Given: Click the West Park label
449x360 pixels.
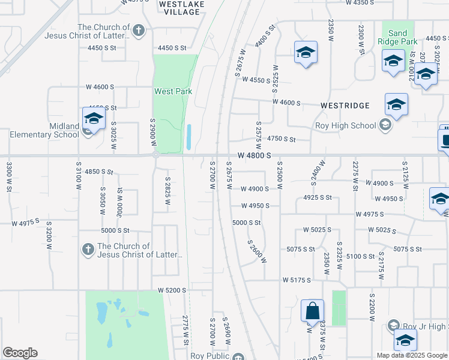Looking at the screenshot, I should click(x=173, y=91).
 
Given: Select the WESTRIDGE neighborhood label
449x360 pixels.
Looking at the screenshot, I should click(x=345, y=105).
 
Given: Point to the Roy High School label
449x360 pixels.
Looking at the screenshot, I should click(x=346, y=126).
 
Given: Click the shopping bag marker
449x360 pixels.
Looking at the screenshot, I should click(x=312, y=311).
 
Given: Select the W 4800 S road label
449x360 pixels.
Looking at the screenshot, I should click(x=255, y=155).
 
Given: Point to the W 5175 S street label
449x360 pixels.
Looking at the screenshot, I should click(x=297, y=280).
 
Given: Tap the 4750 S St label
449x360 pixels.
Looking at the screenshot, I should click(x=282, y=139).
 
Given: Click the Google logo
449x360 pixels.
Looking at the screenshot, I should click(x=20, y=353).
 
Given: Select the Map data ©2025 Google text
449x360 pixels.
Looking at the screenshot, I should click(x=412, y=355).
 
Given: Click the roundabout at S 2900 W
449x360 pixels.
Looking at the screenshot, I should click(x=155, y=155).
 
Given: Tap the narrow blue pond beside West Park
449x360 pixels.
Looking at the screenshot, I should click(x=189, y=137).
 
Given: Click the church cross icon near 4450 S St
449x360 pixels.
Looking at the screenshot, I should click(x=139, y=30).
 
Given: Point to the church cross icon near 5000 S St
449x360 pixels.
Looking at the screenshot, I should click(x=88, y=250).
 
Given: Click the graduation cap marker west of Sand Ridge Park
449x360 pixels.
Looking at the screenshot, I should click(x=306, y=53).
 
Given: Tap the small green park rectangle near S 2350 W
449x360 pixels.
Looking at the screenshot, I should click(x=339, y=308).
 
